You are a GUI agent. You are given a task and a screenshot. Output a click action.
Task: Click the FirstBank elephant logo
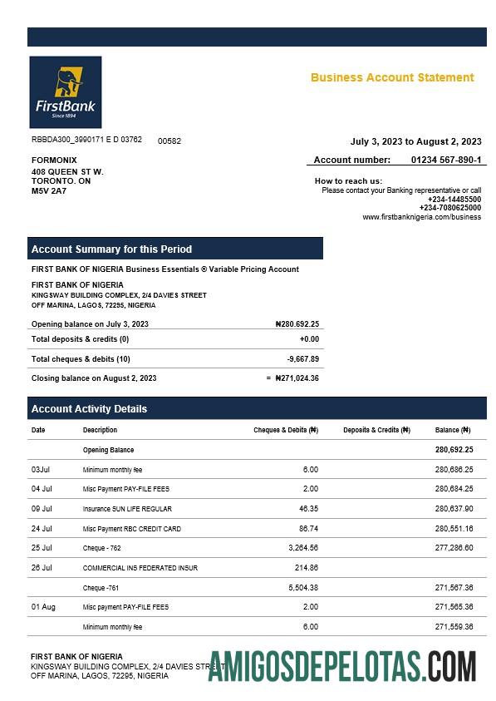tap(65, 91)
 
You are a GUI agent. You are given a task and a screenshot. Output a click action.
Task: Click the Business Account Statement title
tap(392, 77)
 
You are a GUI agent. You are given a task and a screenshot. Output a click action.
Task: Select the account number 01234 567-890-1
tap(445, 160)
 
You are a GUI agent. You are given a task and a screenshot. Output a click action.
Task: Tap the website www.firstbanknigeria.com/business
tap(421, 217)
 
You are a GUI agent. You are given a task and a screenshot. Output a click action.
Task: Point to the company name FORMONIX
tap(54, 160)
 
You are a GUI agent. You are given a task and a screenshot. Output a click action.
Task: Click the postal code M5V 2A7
tap(49, 190)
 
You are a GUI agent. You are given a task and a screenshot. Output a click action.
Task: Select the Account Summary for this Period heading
tap(111, 249)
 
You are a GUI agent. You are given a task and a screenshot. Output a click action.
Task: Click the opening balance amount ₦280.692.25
tap(297, 324)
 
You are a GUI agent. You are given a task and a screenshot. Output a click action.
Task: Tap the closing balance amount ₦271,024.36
tap(297, 378)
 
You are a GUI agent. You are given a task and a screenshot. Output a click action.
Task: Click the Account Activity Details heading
tap(89, 409)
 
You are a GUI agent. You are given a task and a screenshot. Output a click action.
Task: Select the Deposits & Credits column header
tap(376, 430)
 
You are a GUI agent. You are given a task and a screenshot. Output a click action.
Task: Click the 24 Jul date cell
tap(42, 528)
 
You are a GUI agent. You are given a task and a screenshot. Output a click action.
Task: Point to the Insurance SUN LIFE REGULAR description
tap(127, 508)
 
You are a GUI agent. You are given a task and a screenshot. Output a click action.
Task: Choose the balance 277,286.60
tap(454, 548)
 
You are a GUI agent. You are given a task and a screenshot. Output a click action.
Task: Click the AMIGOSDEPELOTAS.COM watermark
tap(341, 666)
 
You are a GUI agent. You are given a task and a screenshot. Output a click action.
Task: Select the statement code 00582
tap(169, 141)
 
